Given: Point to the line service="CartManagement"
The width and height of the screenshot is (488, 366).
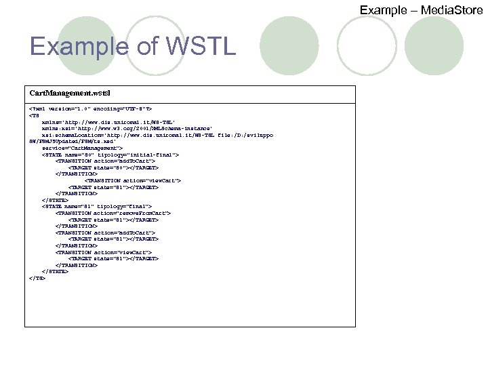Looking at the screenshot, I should coord(82,147).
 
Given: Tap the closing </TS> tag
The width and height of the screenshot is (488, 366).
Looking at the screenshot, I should coord(37,277).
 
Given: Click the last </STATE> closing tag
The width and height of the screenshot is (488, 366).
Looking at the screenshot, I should coord(55,271).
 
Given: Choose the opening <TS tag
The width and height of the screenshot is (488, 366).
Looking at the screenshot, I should coord(34,115).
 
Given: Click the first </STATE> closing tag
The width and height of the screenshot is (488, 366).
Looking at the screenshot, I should coord(55,200).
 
